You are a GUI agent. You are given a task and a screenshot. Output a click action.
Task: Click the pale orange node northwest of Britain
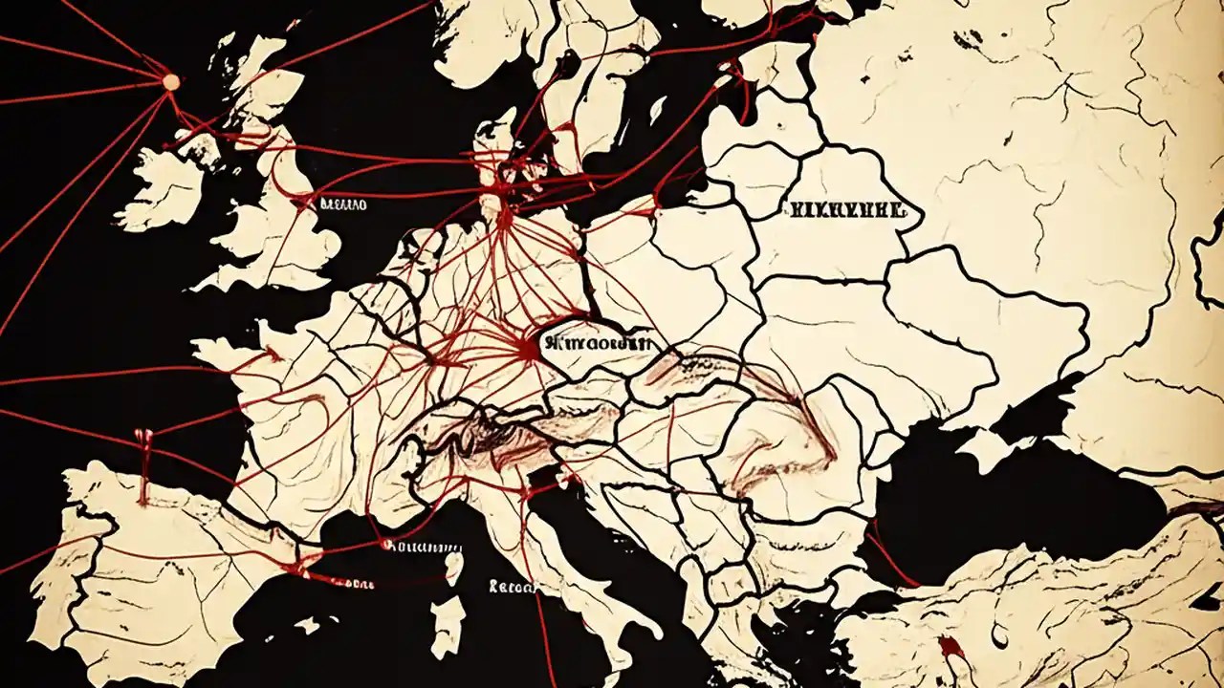pos(171,82)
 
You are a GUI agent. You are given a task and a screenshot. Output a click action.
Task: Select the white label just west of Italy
pos(513,587)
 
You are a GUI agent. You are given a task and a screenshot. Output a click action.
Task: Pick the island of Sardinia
pos(447,626)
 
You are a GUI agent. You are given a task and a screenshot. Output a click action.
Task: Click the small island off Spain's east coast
pos(308,626)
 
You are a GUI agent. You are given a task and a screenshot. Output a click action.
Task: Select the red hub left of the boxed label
pos(525,352)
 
